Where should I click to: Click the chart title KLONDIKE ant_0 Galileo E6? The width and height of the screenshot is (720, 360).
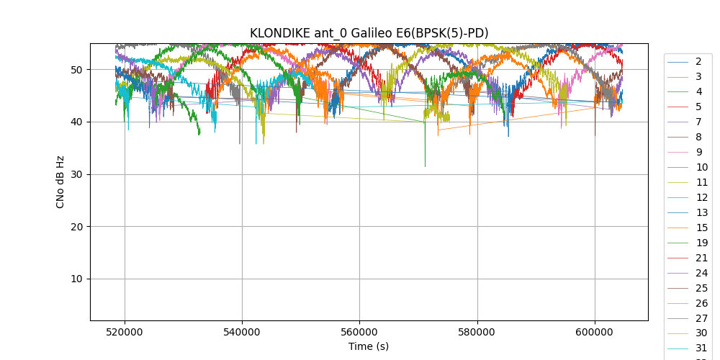[x=369, y=33]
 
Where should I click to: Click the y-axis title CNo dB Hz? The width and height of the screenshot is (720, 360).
[x=60, y=182]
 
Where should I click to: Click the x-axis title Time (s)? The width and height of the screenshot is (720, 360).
[x=369, y=346]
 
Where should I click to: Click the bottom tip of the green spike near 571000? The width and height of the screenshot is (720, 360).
[x=425, y=167]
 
